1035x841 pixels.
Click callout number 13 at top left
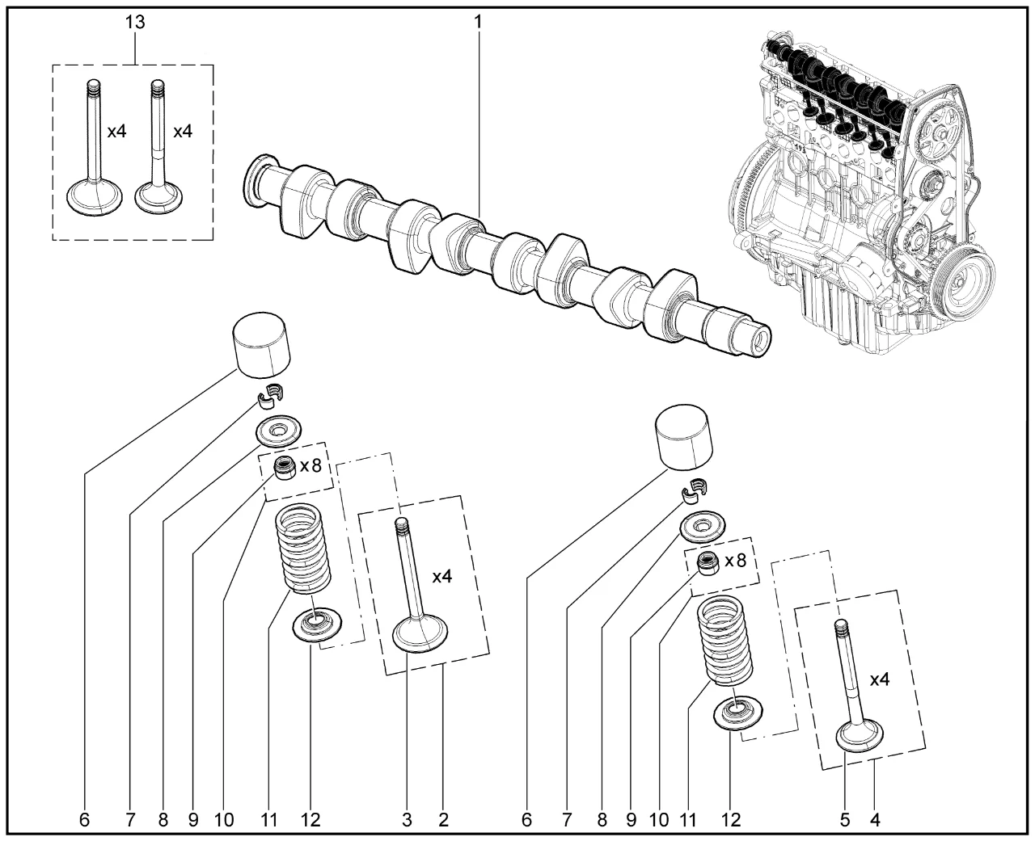coord(135,22)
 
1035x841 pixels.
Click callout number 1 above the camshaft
coord(478,22)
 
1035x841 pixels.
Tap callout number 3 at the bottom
coord(407,820)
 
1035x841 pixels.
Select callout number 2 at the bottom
coord(443,820)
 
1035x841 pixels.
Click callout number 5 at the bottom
coord(845,820)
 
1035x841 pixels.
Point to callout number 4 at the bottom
coord(875,820)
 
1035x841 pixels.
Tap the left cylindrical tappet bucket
coord(260,345)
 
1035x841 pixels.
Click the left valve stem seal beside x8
coord(284,468)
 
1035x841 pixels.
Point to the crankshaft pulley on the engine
coord(962,277)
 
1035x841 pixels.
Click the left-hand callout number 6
coord(84,820)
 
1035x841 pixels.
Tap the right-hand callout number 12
coord(730,820)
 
